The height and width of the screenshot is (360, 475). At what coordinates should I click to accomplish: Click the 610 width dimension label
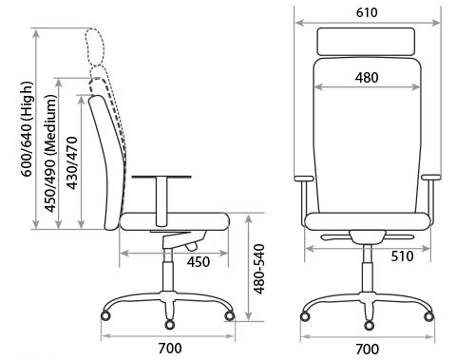tap(367, 12)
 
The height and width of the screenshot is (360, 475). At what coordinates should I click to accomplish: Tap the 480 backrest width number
tap(367, 78)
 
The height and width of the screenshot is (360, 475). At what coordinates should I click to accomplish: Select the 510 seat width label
tap(402, 256)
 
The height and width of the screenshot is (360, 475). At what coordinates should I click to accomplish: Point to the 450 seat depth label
tap(199, 262)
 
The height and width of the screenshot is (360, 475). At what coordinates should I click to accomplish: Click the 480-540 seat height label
tap(259, 269)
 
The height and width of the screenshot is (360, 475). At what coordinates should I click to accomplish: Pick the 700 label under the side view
tap(170, 349)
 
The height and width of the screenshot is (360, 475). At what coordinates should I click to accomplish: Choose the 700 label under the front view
tap(368, 350)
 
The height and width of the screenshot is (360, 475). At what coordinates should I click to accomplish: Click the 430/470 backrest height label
tap(72, 163)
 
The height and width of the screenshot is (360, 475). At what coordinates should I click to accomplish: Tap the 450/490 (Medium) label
tap(50, 154)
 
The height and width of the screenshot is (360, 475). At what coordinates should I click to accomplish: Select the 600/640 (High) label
tap(27, 129)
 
